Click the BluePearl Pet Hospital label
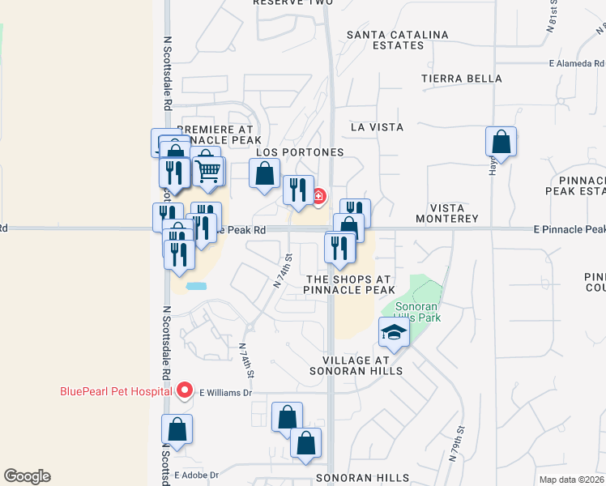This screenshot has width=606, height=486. pos(116,391)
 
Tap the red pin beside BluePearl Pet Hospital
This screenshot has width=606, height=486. pos(184,391)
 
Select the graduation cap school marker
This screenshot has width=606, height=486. pos(393,332)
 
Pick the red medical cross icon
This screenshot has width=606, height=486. pos(319,196)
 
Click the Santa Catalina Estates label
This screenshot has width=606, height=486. pos(397,40)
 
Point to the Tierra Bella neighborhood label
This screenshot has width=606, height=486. pos(461,79)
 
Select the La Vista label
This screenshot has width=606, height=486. pos(377,127)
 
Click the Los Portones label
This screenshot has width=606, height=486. pos(301,152)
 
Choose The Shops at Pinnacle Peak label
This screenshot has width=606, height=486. pos(349,284)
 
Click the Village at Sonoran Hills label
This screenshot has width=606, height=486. pos(356,365)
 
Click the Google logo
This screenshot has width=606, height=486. pos(27,476)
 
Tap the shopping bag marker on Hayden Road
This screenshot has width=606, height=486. pos(501,142)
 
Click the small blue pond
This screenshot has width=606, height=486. pos(195,286)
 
